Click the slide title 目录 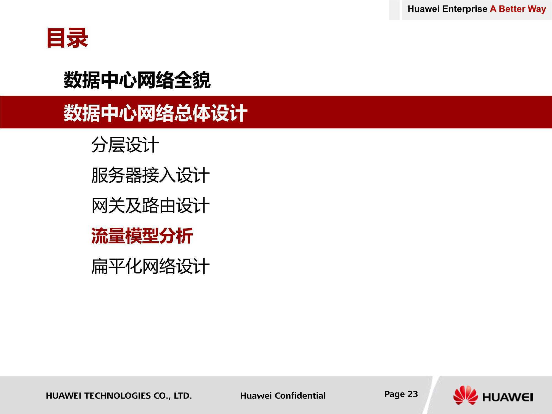(x=67, y=38)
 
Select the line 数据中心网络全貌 (x=137, y=80)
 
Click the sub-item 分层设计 (x=125, y=145)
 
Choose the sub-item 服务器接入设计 (x=150, y=175)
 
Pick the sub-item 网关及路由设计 (x=150, y=206)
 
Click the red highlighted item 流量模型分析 (x=142, y=236)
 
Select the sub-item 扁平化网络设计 (x=150, y=266)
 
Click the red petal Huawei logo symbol (x=465, y=395)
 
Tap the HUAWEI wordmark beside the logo (x=508, y=397)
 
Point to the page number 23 (x=413, y=394)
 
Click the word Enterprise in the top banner (x=465, y=9)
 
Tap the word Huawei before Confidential (x=256, y=396)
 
